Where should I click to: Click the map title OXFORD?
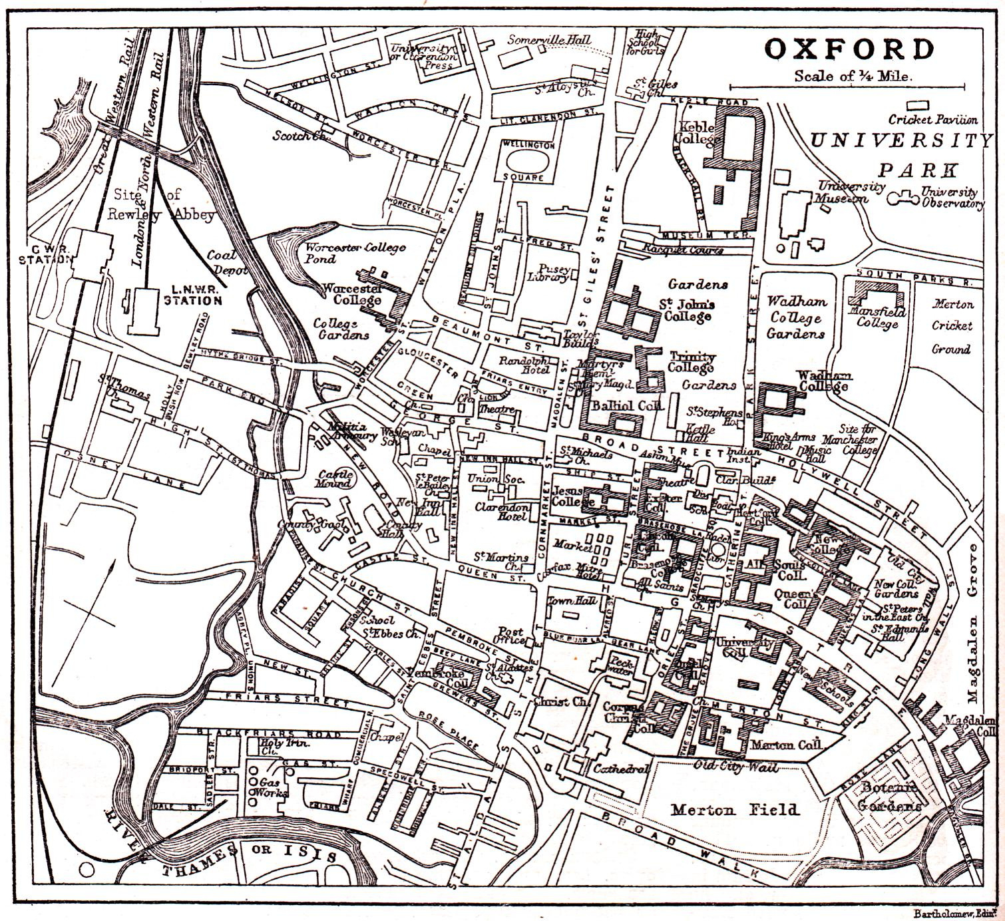(x=849, y=50)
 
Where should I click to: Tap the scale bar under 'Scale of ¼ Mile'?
(x=847, y=87)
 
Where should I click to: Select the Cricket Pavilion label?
(x=933, y=120)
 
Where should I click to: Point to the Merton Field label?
(x=734, y=810)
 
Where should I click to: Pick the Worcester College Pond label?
(x=355, y=253)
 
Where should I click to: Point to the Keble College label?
(x=695, y=132)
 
